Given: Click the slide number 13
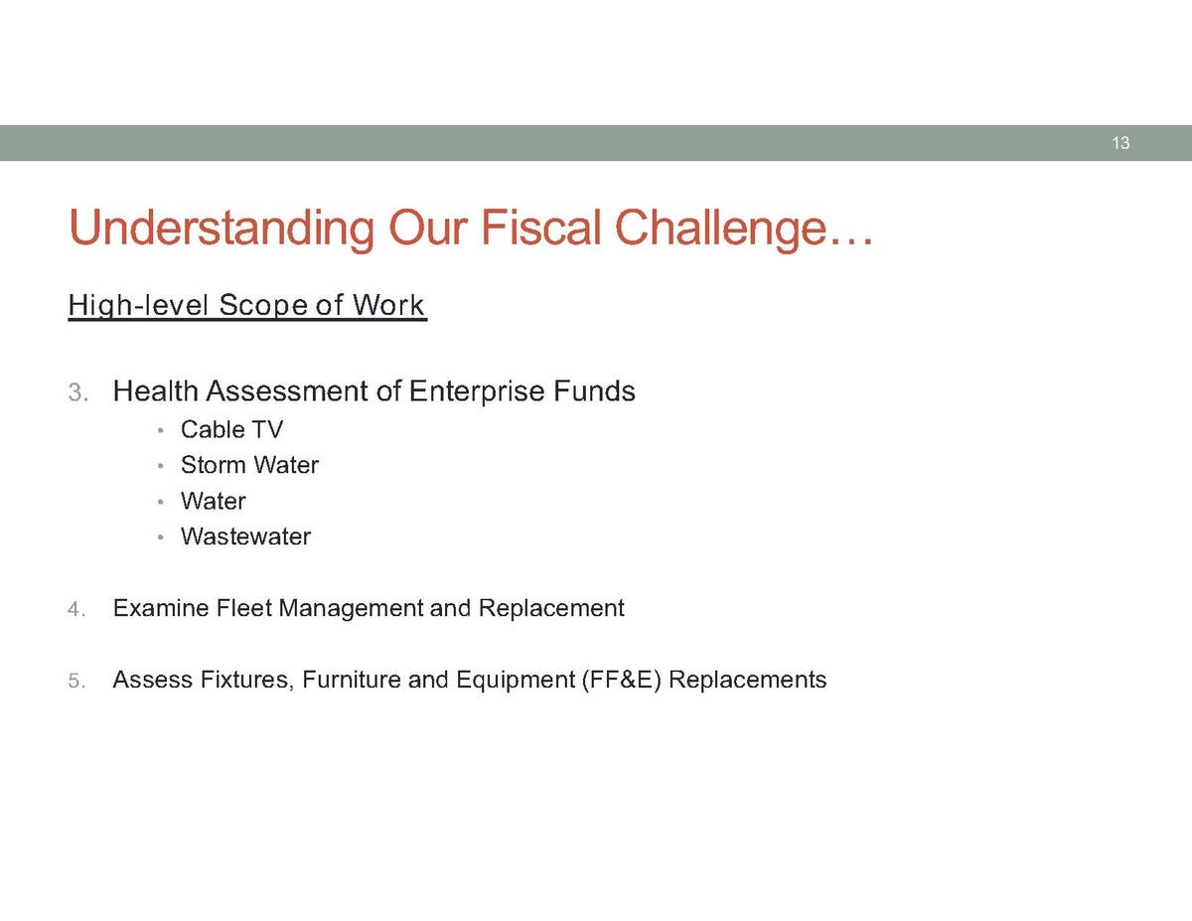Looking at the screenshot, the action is (x=1120, y=143).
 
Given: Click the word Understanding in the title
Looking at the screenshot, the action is (x=222, y=229).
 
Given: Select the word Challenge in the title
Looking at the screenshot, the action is (x=720, y=229).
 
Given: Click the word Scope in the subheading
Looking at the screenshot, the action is (x=264, y=306).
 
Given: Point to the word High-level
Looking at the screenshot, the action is (x=139, y=306).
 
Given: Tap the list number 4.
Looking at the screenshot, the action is (x=76, y=609).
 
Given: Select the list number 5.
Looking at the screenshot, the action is (x=76, y=681).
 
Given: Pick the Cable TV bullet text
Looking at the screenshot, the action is (x=231, y=429).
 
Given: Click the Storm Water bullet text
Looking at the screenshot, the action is (x=249, y=465).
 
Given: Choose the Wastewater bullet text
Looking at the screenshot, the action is (x=245, y=537).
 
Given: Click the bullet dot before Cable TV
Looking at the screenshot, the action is (x=160, y=430).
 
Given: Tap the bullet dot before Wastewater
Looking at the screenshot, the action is (x=160, y=537).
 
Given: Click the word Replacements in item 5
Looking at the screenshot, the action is (x=747, y=682).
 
